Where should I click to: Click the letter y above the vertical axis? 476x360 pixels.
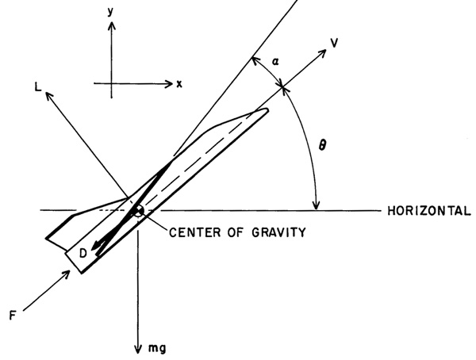pos(110,12)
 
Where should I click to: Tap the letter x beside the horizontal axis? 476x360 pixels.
pos(179,84)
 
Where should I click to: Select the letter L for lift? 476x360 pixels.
pos(38,87)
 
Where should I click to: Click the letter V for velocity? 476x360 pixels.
pos(334,43)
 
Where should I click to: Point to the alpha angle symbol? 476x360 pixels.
pos(275,62)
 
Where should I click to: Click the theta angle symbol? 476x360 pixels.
pos(322,145)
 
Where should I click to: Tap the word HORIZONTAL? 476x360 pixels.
pos(429,211)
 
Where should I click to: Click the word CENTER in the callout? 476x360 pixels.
pos(195,232)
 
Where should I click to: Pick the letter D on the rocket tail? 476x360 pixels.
pos(83,253)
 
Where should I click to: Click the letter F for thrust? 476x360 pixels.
pos(13,316)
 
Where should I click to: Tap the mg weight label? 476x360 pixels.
pos(157,348)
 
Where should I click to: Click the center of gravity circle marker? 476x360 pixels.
pos(138,210)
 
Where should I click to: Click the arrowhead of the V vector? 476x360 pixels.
pos(321,54)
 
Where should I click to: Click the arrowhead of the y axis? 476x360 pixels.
pos(112,25)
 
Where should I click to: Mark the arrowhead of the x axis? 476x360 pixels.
pos(168,83)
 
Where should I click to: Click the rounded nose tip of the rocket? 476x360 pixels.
pos(266,110)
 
